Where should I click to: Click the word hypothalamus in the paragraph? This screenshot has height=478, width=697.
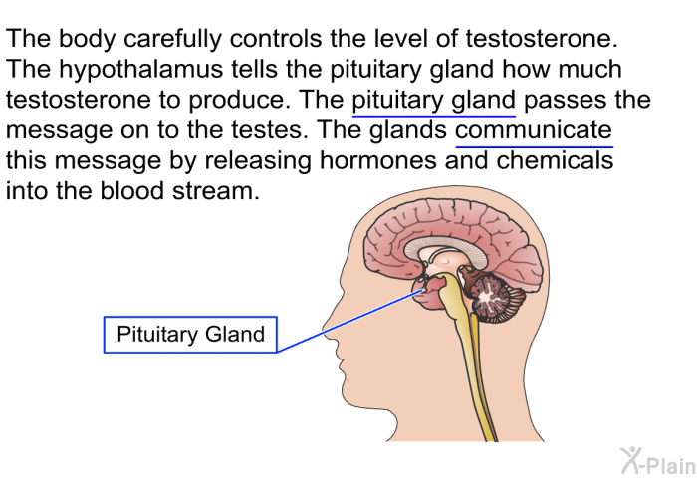(141, 70)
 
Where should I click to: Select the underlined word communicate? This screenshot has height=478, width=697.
(534, 130)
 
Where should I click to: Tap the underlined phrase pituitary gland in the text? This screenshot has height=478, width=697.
(434, 101)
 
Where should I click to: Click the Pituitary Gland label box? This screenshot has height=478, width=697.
(190, 335)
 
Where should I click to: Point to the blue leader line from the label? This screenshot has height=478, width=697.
(350, 320)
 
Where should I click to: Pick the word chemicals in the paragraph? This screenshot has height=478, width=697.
(555, 161)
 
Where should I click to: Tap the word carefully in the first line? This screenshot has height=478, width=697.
(172, 39)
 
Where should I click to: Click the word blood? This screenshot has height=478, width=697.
(131, 191)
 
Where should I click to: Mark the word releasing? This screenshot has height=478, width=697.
(258, 162)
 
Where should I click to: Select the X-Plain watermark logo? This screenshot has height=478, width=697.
(658, 461)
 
